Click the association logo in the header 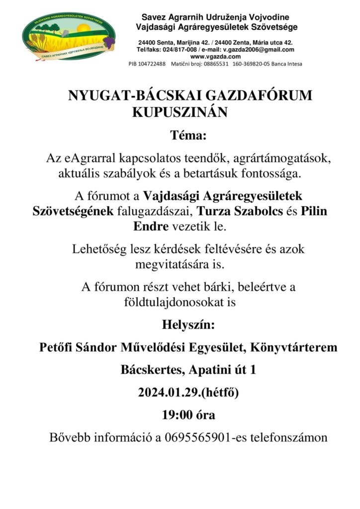click(x=68, y=36)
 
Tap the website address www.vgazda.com click(x=217, y=57)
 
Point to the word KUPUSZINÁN click(x=180, y=113)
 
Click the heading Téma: click(x=187, y=135)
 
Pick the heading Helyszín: click(x=188, y=326)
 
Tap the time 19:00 click(x=175, y=415)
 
